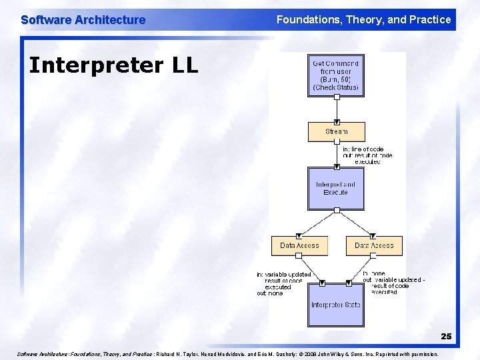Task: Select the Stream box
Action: point(337,131)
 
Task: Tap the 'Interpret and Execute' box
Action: point(336,188)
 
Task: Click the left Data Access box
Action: point(299,245)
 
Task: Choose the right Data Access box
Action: point(374,245)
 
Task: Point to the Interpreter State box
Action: point(336,305)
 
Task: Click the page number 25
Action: point(445,337)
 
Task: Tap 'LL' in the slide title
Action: point(184,65)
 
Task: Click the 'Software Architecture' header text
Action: point(83,20)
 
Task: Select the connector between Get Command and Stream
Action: point(337,109)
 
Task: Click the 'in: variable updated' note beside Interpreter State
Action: point(283,275)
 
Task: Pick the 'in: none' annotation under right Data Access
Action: point(375,273)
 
